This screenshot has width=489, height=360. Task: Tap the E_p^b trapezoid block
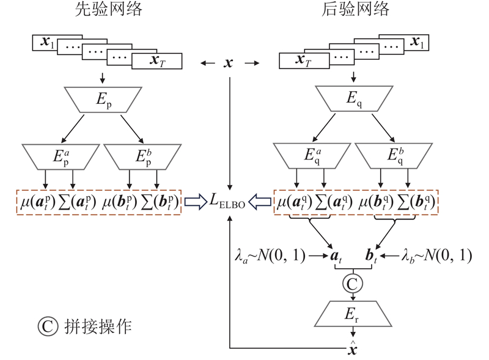tap(142, 156)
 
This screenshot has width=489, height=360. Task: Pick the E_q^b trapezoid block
tap(395, 156)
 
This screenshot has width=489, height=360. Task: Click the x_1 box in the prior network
tap(48, 43)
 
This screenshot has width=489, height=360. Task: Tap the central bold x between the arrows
tap(229, 63)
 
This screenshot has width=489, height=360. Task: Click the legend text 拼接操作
tap(97, 327)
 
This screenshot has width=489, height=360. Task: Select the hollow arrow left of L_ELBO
tap(196, 201)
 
